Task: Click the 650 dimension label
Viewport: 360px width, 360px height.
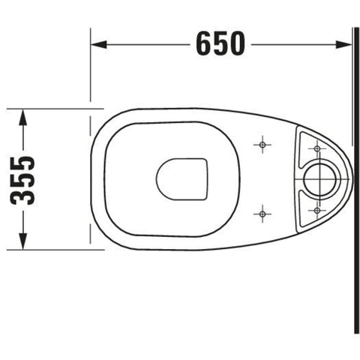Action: (x=220, y=43)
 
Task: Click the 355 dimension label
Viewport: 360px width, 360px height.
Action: (x=22, y=181)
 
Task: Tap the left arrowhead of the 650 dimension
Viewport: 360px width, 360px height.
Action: (x=99, y=44)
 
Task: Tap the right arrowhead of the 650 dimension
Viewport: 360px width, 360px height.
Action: (x=343, y=44)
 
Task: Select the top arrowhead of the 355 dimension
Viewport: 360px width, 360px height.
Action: (x=23, y=117)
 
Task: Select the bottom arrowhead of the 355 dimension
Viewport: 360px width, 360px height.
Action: (x=23, y=241)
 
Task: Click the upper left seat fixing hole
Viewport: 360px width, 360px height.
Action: (x=262, y=145)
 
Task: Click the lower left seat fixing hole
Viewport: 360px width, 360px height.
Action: (x=262, y=214)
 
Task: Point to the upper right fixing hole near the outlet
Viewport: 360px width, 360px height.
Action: (x=317, y=148)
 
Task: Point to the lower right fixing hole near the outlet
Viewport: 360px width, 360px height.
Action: (x=317, y=210)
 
